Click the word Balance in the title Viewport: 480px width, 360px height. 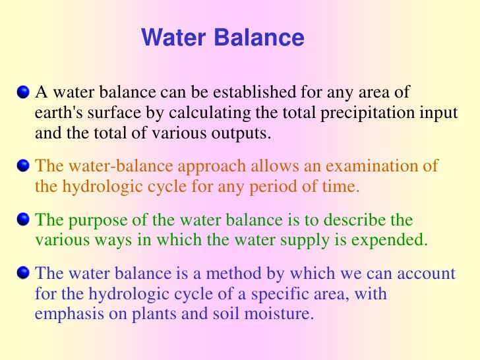point(260,38)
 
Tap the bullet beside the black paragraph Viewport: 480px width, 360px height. point(24,91)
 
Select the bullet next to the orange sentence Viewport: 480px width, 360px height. point(24,165)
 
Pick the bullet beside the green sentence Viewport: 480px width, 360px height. point(24,218)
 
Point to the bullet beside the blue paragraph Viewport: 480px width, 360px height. point(24,272)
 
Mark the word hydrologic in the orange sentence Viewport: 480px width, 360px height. point(92,186)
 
